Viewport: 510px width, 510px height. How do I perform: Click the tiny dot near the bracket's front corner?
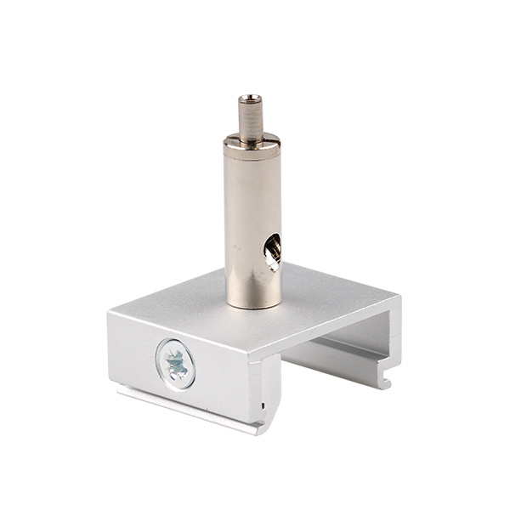pyautogui.click(x=263, y=404)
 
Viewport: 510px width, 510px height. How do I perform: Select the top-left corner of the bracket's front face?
pyautogui.click(x=110, y=314)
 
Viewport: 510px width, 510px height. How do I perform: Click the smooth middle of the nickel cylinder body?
pyautogui.click(x=253, y=221)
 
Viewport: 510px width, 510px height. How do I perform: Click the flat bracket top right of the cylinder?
pyautogui.click(x=331, y=297)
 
